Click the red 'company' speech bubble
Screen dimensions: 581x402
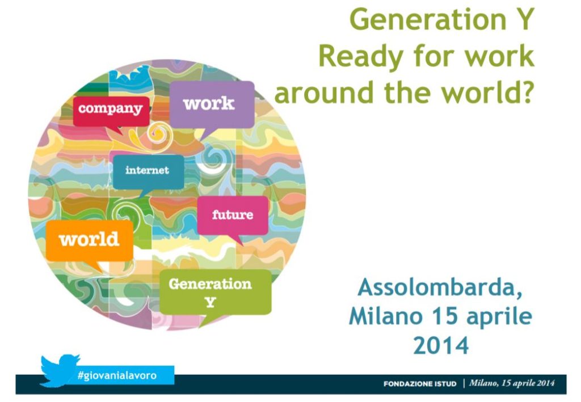point(111,112)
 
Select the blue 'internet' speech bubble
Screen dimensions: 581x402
point(148,172)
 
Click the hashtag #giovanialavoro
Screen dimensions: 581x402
point(117,375)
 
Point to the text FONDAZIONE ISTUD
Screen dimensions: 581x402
point(420,384)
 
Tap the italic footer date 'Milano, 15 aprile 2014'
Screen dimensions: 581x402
point(512,383)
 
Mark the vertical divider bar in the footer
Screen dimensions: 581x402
point(464,383)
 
